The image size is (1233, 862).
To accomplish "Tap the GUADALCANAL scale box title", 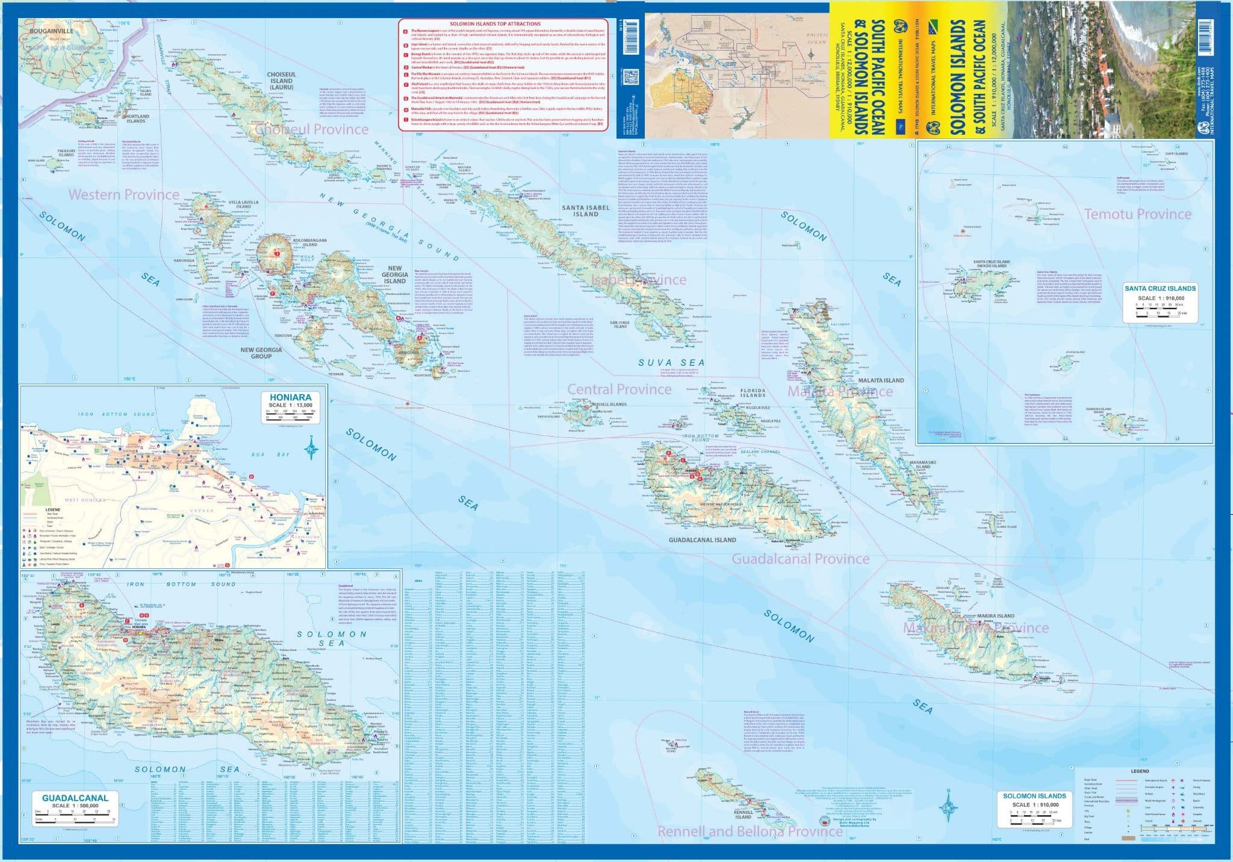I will [x=75, y=798].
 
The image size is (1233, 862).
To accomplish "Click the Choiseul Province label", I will [x=311, y=129].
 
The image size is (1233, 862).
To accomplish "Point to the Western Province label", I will [x=123, y=194].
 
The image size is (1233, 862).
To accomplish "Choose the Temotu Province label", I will [x=1137, y=214].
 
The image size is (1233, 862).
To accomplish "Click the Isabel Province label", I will [x=638, y=280].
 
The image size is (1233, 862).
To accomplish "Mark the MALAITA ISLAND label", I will [x=881, y=380].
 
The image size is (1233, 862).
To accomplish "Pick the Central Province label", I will [x=619, y=389].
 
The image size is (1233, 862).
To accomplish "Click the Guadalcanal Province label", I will [x=800, y=559].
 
